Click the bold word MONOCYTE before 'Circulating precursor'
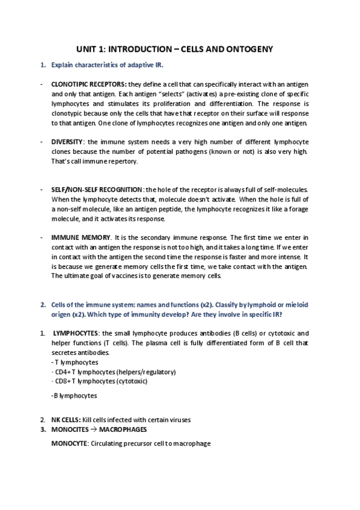pyautogui.click(x=70, y=443)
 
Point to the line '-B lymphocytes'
pyautogui.click(x=75, y=396)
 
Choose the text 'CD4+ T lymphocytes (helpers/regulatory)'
pyautogui.click(x=115, y=372)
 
